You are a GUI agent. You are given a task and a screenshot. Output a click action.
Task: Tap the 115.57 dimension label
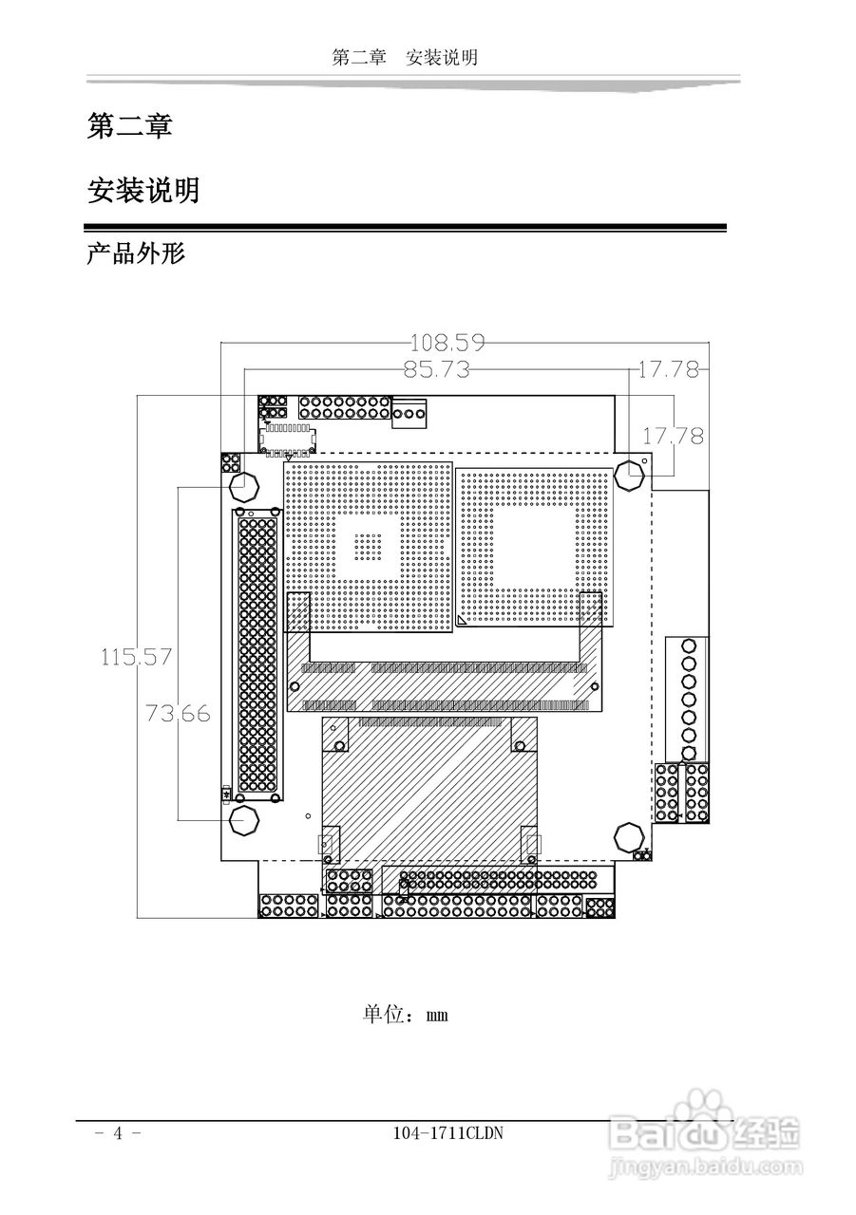point(137,656)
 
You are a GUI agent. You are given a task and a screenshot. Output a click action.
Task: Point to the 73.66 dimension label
point(178,713)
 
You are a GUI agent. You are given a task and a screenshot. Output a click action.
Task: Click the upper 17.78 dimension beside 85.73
point(668,369)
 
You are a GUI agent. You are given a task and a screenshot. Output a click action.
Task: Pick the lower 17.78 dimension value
point(673,436)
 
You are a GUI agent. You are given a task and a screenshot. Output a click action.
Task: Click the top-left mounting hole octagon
point(244,486)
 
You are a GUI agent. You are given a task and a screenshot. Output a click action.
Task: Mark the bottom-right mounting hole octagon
point(629,837)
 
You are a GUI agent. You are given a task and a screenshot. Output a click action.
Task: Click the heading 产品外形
point(136,253)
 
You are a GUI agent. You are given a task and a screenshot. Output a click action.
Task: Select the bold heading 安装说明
point(143,190)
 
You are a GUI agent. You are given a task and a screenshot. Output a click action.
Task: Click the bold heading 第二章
point(129,125)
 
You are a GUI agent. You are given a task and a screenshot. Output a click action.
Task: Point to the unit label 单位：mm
point(406,1014)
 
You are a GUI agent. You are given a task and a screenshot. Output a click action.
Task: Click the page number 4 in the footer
point(119,1133)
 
